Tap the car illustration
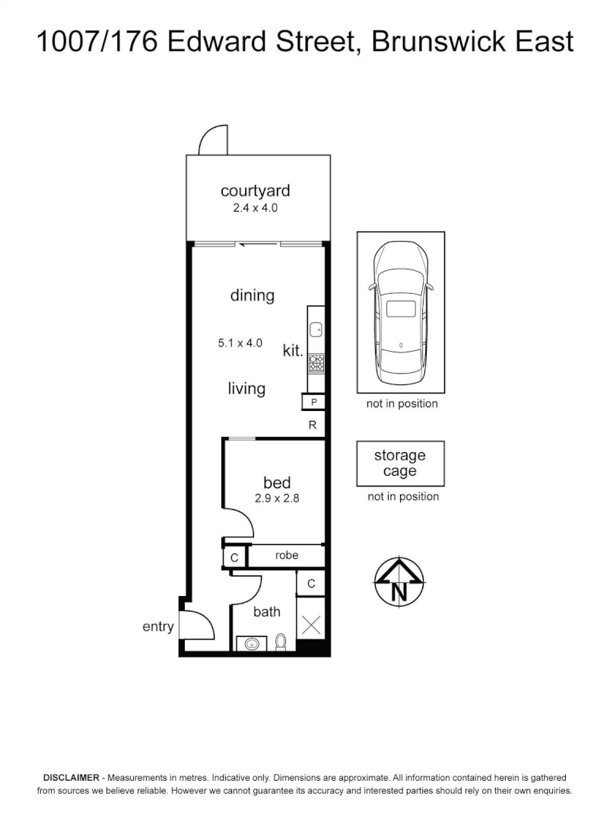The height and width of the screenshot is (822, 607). point(401,312)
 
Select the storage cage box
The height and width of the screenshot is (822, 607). point(400,464)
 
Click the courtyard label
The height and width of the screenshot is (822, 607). point(255,190)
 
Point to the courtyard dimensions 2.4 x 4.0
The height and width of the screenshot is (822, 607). point(255,207)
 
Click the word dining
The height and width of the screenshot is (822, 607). point(252,295)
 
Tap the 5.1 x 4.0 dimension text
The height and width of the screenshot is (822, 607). point(240,343)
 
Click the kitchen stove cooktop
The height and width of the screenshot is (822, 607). point(316,363)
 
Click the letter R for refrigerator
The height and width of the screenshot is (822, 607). point(312,425)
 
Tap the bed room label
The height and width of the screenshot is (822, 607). point(277,483)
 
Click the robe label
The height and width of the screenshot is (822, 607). point(286,556)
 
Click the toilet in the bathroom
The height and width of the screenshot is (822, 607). point(280,643)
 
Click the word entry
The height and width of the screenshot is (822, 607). point(158,627)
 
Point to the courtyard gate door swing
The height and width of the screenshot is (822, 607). point(212,140)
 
